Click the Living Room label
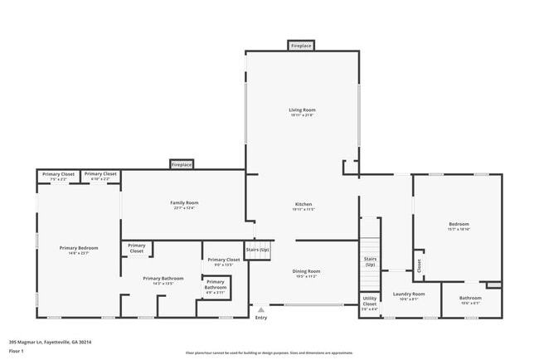303,110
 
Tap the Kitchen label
303,204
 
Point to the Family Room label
184,203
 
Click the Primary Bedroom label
79,248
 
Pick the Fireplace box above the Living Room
301,46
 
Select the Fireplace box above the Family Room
182,165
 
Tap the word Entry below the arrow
261,318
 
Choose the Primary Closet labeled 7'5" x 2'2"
58,175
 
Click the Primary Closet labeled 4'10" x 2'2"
100,175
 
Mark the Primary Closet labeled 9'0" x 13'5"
223,261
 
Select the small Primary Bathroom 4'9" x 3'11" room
215,286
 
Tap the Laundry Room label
409,294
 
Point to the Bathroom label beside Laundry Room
470,298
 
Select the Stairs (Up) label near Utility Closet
370,261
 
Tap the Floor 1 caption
16,351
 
